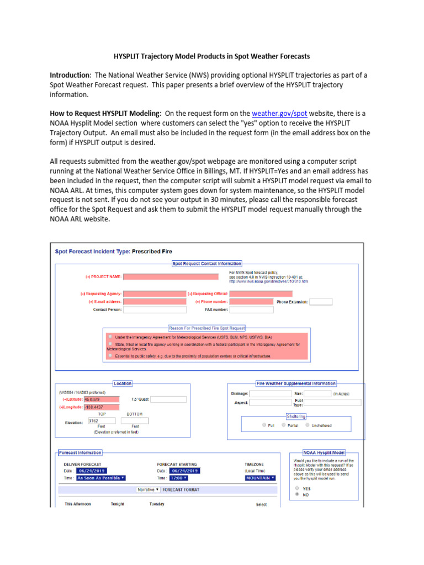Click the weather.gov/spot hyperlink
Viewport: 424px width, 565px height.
(273, 113)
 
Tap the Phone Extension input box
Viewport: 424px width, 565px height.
(321, 302)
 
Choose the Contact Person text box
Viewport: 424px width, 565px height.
(147, 310)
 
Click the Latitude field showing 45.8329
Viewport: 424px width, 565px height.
(102, 399)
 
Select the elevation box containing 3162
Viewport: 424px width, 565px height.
(101, 420)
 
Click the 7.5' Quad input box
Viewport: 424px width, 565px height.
(168, 399)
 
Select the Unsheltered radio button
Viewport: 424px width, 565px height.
(308, 425)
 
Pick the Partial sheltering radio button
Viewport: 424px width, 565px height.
(284, 425)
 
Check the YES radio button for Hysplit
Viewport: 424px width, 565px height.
(298, 488)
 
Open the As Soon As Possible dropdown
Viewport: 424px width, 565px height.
(100, 478)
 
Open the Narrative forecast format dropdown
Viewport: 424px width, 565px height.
(149, 489)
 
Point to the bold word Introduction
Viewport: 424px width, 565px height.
(70, 74)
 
